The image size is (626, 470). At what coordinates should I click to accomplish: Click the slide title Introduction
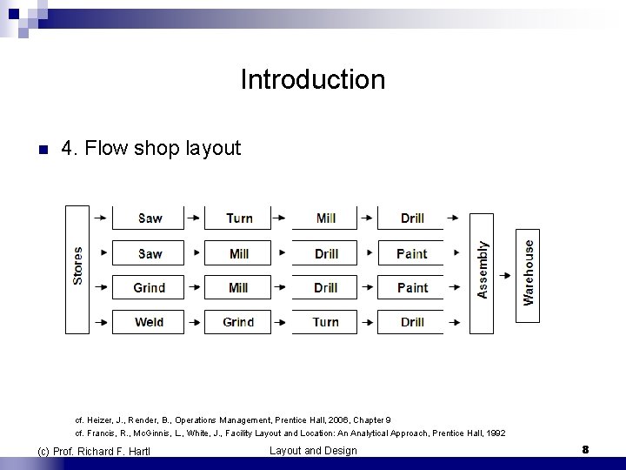click(312, 80)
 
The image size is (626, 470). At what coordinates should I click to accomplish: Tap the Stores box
click(78, 269)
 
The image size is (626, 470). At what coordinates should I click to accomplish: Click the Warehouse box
click(528, 267)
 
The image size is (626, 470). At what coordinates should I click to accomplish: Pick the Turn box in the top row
click(239, 218)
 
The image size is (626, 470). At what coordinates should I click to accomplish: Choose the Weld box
click(149, 322)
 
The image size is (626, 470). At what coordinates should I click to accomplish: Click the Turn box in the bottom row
click(325, 322)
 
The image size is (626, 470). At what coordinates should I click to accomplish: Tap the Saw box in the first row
click(149, 218)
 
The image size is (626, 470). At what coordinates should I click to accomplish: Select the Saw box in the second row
click(149, 253)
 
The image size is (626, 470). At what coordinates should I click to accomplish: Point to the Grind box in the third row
click(149, 288)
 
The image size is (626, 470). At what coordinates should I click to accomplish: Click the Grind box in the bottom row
click(238, 322)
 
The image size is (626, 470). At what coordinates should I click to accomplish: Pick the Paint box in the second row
click(411, 253)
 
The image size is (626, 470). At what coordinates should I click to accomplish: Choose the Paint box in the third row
click(412, 288)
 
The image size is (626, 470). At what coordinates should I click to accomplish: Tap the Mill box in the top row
click(325, 218)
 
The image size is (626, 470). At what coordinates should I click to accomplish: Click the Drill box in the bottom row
click(412, 322)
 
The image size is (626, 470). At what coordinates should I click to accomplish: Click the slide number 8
click(585, 450)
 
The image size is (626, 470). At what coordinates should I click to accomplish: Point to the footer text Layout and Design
click(313, 450)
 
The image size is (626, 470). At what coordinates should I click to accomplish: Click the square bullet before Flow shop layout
click(43, 150)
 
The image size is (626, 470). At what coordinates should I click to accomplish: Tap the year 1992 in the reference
click(494, 433)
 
